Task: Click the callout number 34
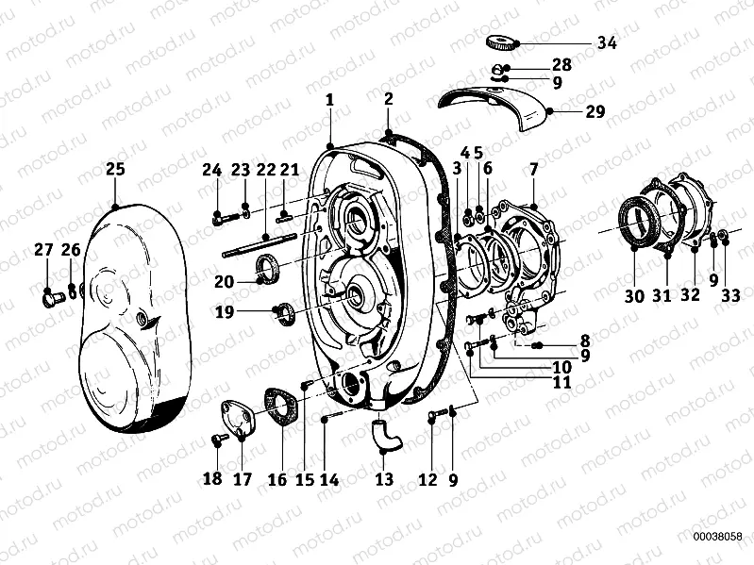coord(607,42)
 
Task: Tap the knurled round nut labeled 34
coord(502,42)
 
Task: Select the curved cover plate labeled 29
coord(495,106)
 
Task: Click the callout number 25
coord(115,169)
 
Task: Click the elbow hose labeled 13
coord(387,435)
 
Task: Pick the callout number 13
coord(384,479)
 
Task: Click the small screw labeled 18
coord(220,439)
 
